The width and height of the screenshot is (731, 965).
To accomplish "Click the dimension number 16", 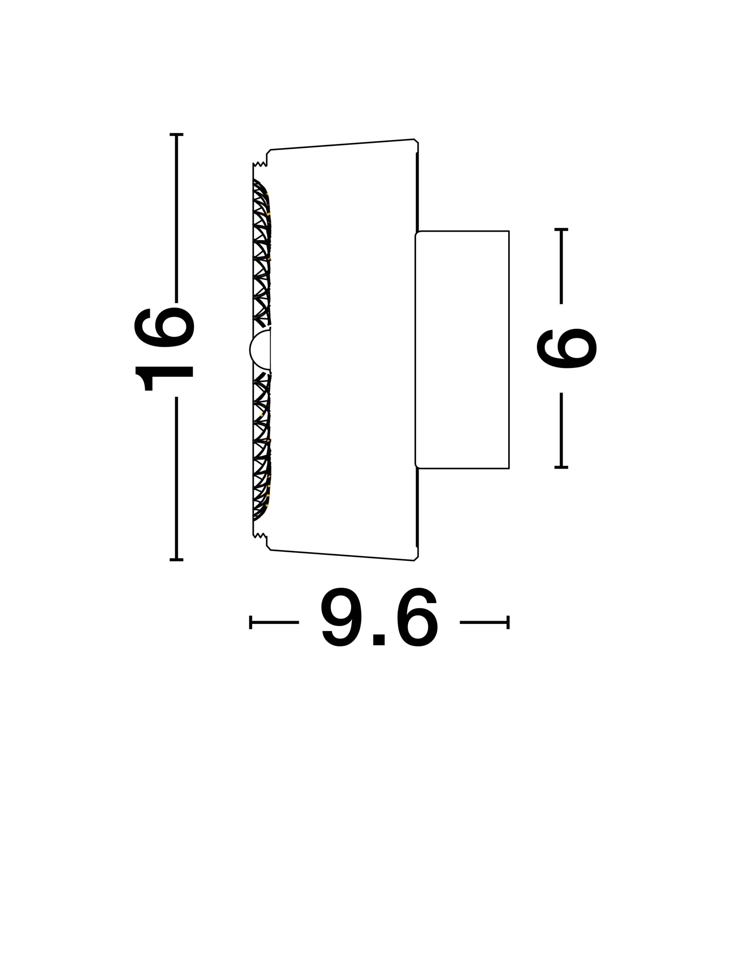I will pyautogui.click(x=164, y=349).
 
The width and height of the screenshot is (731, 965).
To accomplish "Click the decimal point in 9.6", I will pyautogui.click(x=379, y=639).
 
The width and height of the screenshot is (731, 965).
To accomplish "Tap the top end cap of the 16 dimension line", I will pyautogui.click(x=176, y=135).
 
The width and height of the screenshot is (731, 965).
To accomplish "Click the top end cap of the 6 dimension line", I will pyautogui.click(x=561, y=229).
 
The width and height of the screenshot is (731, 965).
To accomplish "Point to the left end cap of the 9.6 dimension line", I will pyautogui.click(x=251, y=622).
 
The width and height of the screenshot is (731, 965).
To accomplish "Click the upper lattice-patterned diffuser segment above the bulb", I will pyautogui.click(x=261, y=253).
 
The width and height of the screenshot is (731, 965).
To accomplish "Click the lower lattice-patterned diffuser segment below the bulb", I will pyautogui.click(x=261, y=449).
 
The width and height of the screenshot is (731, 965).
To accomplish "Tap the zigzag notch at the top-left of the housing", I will pyautogui.click(x=260, y=164).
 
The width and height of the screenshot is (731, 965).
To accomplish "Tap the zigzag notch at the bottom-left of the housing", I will pyautogui.click(x=260, y=535).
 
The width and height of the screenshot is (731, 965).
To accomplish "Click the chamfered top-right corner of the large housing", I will pyautogui.click(x=416, y=142).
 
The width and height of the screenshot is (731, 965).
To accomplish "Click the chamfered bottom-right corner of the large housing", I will pyautogui.click(x=416, y=558).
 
